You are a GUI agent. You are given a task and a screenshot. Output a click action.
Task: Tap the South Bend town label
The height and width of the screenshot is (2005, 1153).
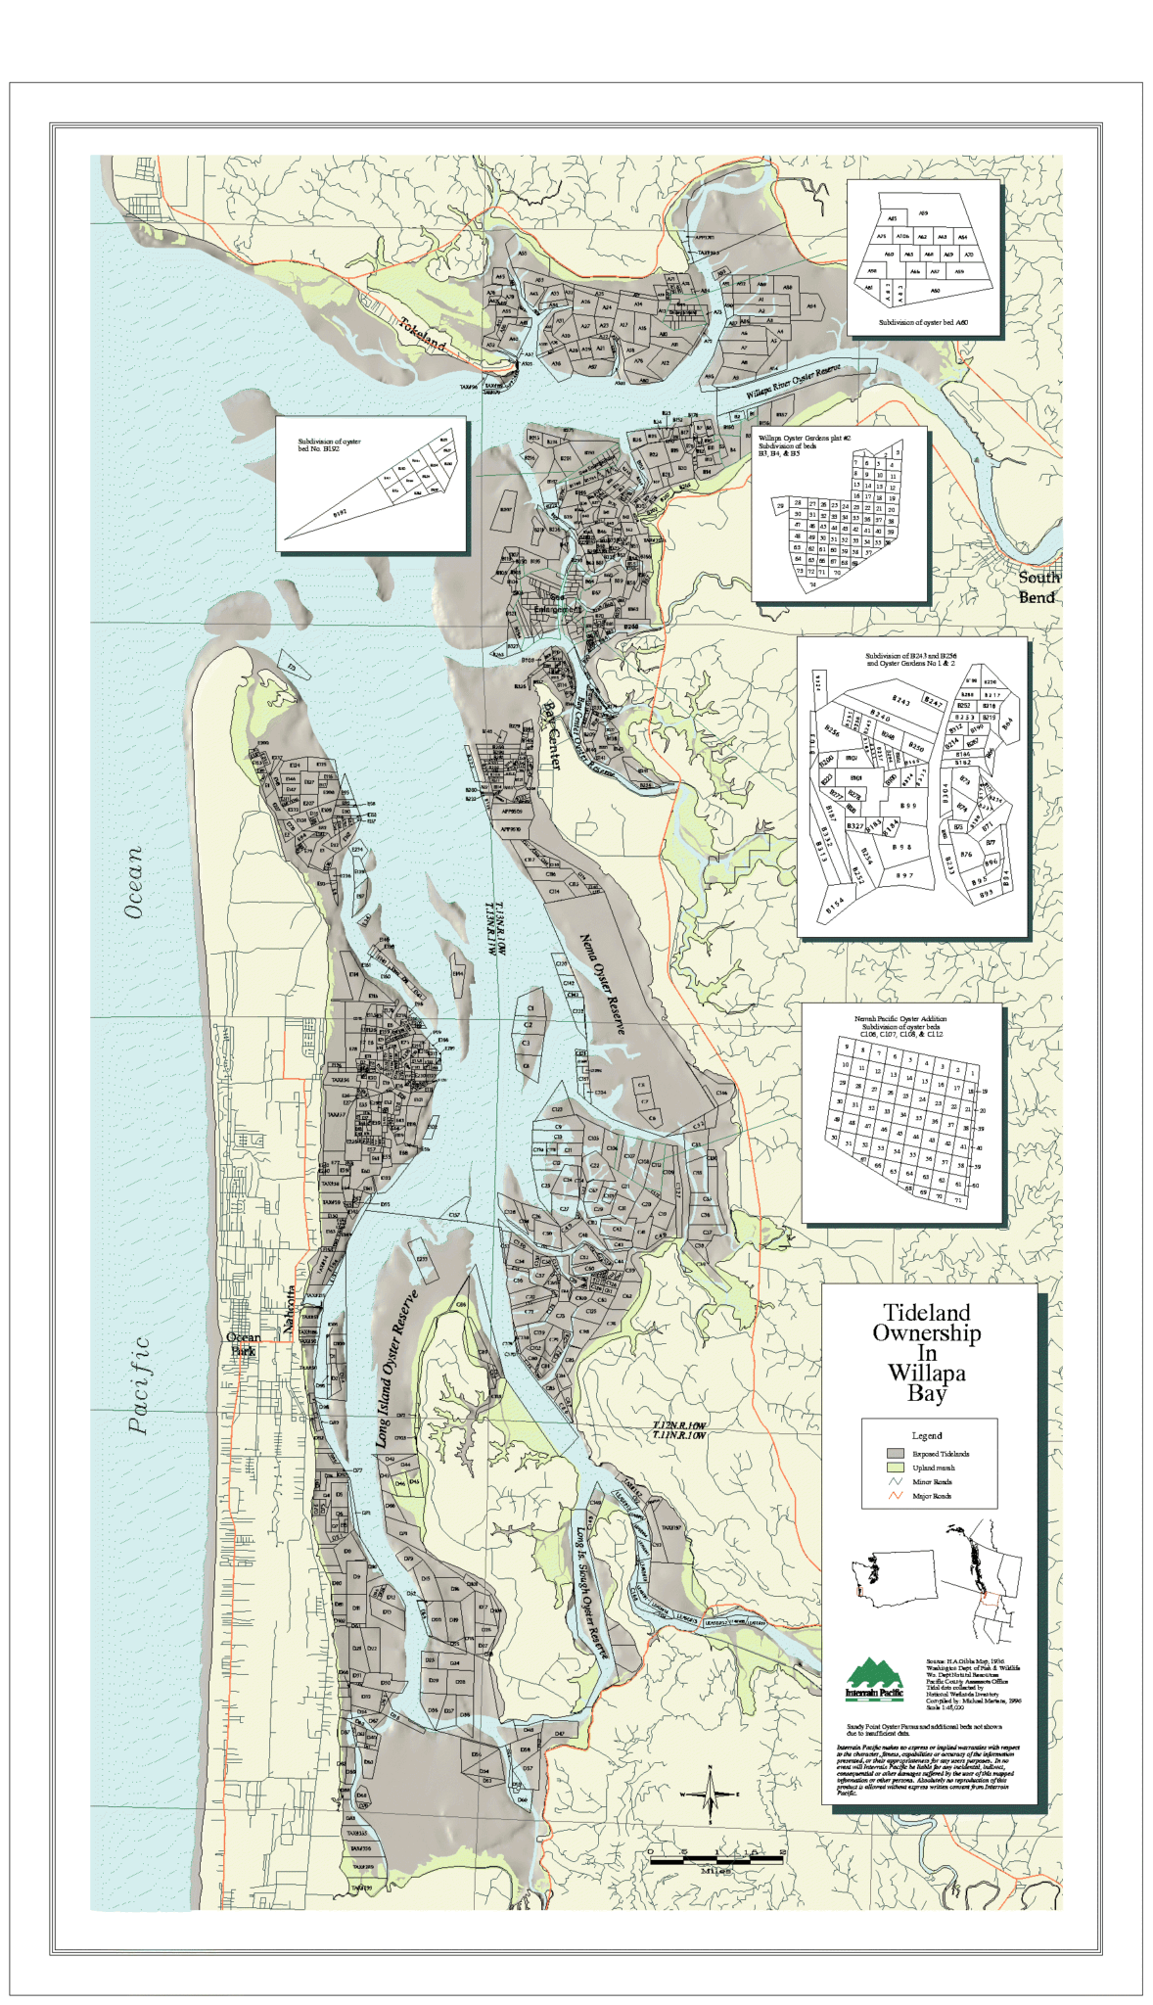[1037, 587]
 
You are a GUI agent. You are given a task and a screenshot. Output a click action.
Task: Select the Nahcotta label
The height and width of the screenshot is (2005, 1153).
[290, 1311]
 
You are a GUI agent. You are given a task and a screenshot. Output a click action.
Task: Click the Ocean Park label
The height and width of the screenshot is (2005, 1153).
[243, 1343]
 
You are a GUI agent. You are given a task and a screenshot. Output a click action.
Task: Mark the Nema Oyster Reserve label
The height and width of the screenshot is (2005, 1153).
[602, 984]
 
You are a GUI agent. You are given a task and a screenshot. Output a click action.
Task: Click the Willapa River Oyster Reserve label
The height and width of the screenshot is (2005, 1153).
[794, 380]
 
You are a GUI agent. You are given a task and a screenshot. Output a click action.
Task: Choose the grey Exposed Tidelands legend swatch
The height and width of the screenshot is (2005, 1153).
[895, 1454]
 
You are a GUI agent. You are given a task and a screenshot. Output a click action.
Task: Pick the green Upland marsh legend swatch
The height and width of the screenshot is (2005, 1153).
[895, 1468]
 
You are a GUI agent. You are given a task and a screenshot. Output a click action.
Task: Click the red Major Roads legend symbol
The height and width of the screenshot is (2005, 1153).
[895, 1496]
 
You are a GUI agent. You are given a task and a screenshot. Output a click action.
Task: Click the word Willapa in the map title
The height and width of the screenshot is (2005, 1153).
[926, 1373]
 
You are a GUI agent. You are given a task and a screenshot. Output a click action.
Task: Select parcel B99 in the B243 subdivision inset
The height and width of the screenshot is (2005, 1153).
[908, 806]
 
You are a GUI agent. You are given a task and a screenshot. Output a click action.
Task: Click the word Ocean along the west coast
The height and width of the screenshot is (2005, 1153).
[134, 882]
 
